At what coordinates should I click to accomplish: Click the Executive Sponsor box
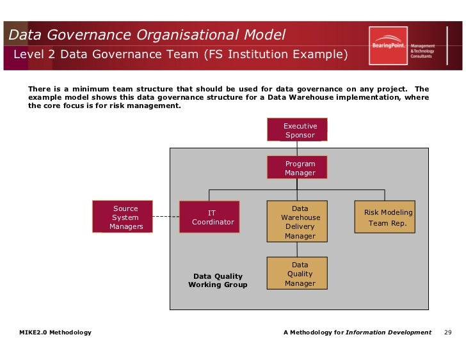tap(297, 130)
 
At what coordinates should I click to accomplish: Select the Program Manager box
tap(297, 168)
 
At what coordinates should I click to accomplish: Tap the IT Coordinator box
tap(209, 217)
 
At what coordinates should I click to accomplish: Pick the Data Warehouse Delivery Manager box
tap(297, 221)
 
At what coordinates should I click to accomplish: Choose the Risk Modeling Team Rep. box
tap(385, 217)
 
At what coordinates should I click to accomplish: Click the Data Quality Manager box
tap(297, 274)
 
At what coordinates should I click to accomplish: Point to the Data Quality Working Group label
tap(218, 281)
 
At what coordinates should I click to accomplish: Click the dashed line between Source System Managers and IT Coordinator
tap(166, 217)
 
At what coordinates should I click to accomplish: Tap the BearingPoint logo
tap(388, 45)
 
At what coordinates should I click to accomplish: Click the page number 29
tap(448, 333)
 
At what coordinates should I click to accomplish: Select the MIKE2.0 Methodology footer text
tap(56, 333)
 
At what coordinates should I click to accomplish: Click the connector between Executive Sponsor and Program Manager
tap(297, 148)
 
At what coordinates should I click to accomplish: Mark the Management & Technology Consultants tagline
tap(422, 51)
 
